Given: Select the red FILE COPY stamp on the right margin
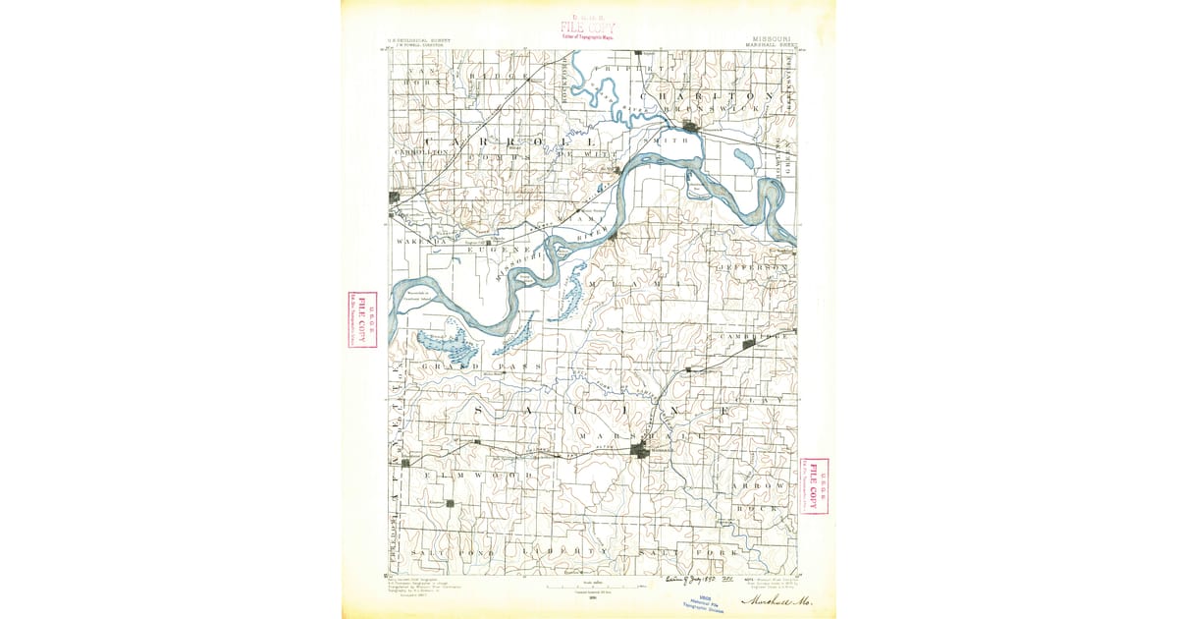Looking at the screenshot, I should coord(813,485).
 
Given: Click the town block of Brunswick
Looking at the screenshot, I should coord(692,126).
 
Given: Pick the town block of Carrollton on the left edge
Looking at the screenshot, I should coord(395,197).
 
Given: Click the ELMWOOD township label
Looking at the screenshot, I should coord(478,475).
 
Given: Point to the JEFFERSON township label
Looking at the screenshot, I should coord(753,267).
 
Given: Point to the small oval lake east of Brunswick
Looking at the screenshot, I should coord(743,154).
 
